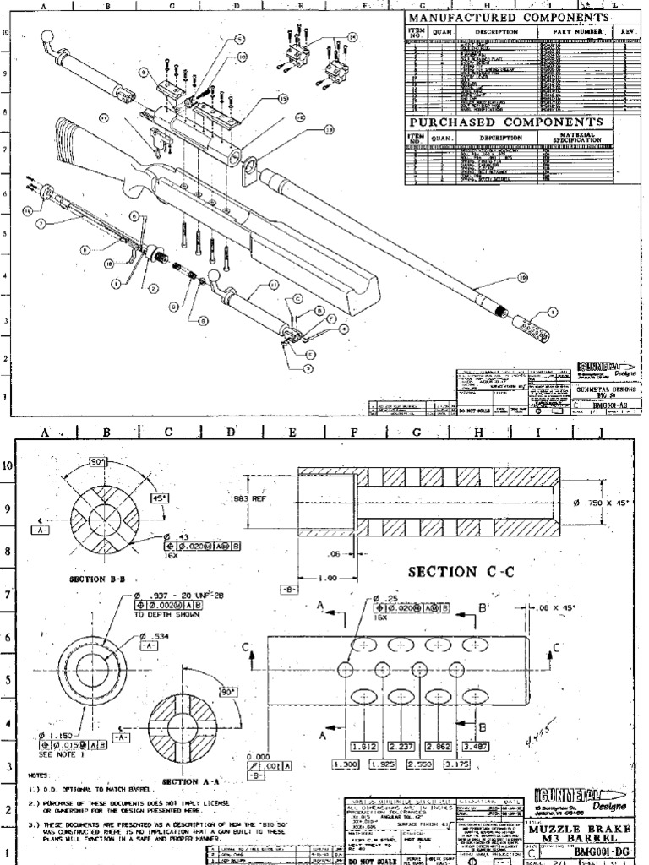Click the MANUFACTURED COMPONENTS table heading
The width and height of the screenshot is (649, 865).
click(508, 18)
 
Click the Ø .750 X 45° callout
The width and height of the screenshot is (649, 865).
click(607, 503)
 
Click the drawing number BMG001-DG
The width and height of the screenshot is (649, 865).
click(606, 854)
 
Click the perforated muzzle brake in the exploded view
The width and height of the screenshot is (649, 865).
click(531, 327)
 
